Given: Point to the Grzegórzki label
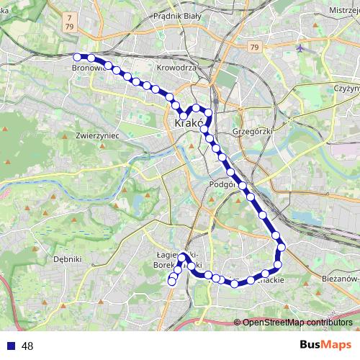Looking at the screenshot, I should click(x=251, y=132).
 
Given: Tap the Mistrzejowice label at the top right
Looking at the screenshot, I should click(x=339, y=12).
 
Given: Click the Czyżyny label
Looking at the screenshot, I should click(x=346, y=87).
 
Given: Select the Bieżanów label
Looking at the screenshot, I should click(x=339, y=277).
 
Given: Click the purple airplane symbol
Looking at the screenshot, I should click(x=300, y=48).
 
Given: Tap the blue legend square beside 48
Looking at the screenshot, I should click(x=9, y=346).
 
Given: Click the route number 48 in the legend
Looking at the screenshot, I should click(x=27, y=346).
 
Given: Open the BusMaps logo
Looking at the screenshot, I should click(x=325, y=345).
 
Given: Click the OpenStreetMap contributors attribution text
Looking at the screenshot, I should click(x=297, y=322).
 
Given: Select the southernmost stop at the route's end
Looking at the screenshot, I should click(x=171, y=283).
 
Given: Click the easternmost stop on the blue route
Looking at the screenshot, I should click(x=282, y=247).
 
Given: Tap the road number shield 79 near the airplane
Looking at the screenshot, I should click(x=254, y=48).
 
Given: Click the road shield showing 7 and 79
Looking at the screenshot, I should click(x=68, y=21).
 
